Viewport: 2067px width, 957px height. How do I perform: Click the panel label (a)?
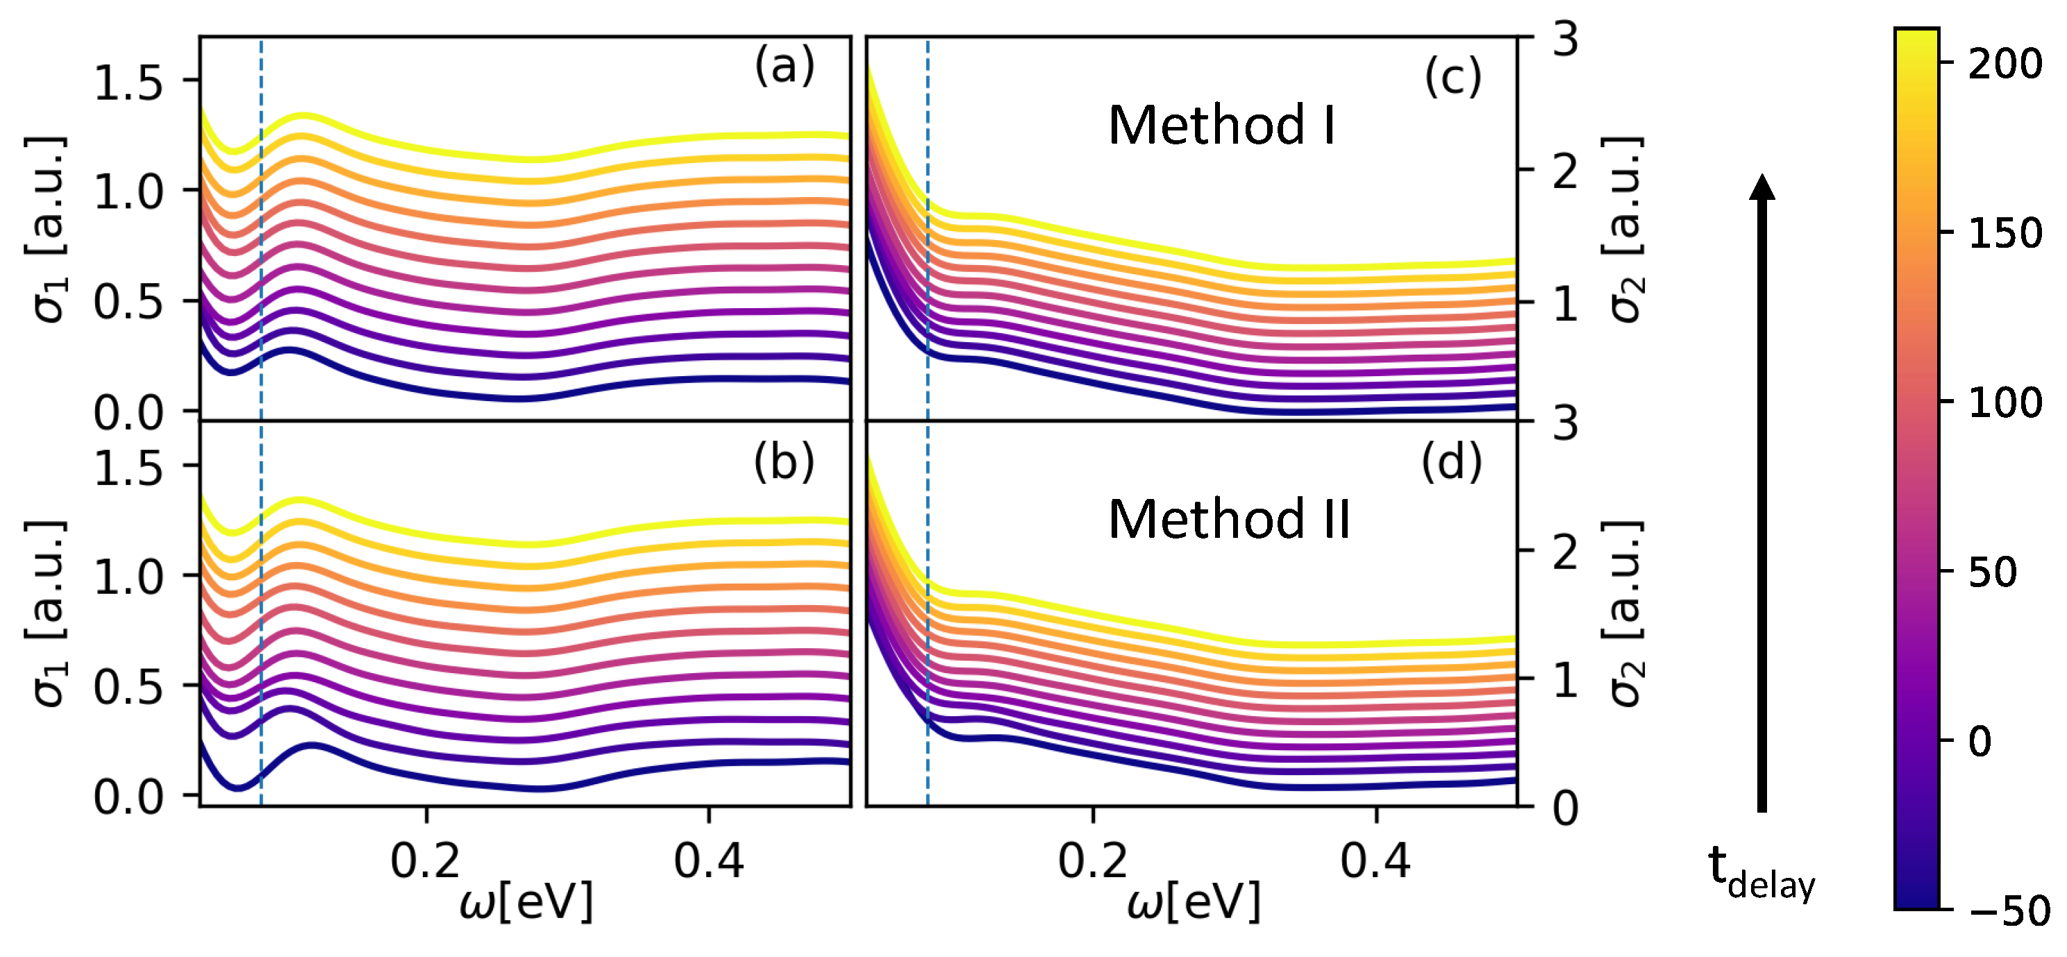[x=784, y=66]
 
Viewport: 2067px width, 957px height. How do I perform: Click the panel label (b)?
[x=784, y=463]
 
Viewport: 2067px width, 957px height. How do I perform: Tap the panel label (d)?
[x=1450, y=463]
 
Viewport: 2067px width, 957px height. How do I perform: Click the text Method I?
[x=1221, y=126]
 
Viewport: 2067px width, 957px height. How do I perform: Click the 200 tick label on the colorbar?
[x=2005, y=63]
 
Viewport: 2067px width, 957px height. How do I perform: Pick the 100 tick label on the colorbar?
[x=2005, y=402]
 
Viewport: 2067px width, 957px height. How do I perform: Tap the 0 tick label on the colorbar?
[x=1980, y=741]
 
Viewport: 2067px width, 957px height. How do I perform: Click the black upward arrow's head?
[x=1762, y=187]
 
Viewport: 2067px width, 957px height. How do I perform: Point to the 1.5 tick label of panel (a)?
[x=128, y=83]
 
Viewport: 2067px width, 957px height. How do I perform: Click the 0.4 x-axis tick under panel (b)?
[x=708, y=861]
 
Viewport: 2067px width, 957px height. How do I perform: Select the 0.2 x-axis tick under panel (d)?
[x=1092, y=861]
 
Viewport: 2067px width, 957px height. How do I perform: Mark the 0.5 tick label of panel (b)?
[x=128, y=686]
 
